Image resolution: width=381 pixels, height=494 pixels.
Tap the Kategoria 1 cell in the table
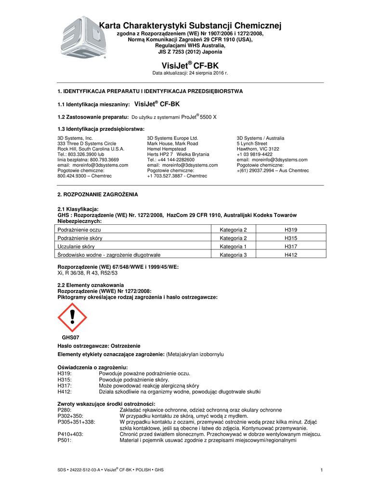click(233, 246)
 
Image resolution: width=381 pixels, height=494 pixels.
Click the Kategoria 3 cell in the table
click(233, 254)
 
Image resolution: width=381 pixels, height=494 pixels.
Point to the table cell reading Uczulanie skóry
click(76, 246)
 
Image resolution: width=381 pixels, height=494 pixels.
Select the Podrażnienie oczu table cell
click(79, 230)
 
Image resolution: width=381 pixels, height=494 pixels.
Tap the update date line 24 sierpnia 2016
click(190, 73)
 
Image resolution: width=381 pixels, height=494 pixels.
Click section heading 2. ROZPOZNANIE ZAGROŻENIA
click(97, 194)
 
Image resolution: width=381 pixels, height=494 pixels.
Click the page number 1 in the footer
click(321, 470)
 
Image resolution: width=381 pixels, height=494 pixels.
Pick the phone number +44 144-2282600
click(171, 160)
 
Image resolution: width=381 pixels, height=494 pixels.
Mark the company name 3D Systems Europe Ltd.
click(172, 138)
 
